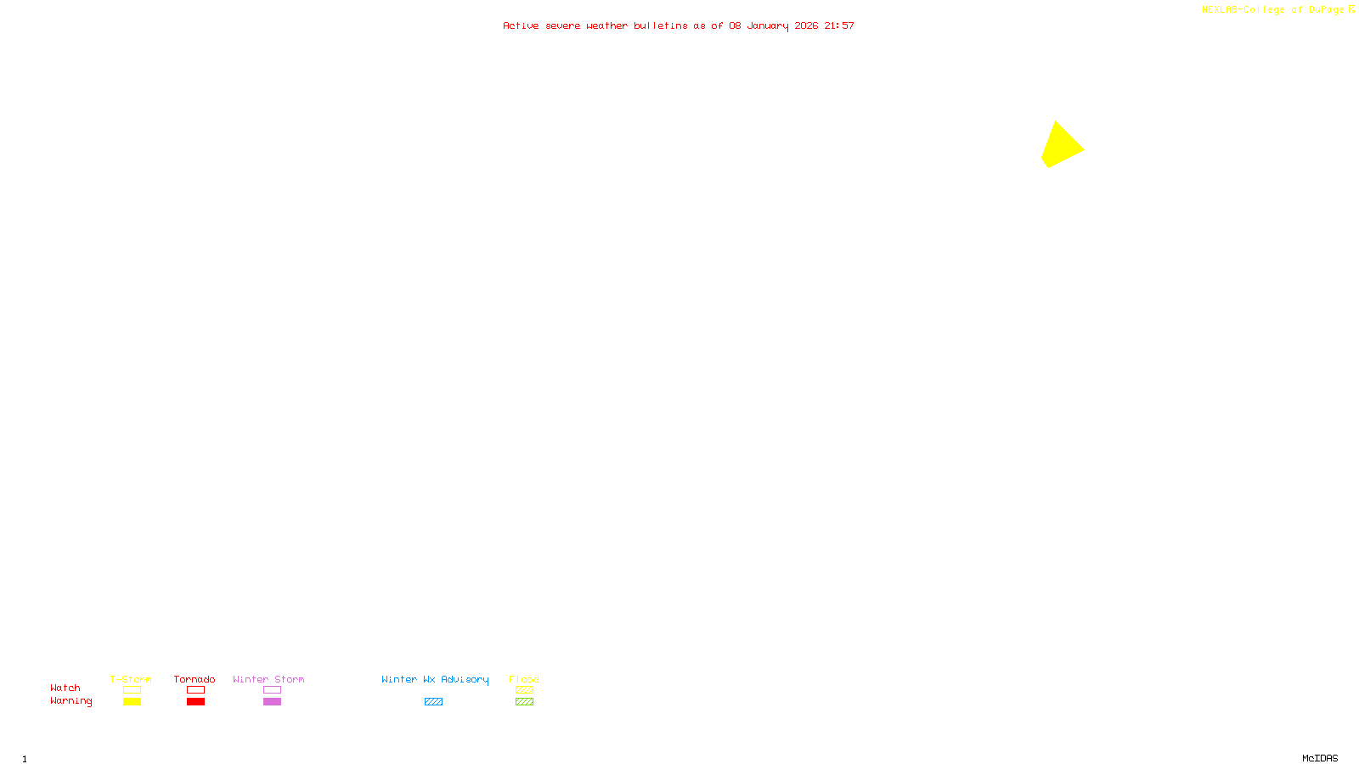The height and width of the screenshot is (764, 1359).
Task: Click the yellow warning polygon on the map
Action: click(1061, 146)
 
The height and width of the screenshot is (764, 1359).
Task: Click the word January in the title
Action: click(767, 25)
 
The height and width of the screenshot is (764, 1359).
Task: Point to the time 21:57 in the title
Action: click(838, 25)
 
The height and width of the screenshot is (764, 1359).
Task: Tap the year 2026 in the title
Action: click(806, 25)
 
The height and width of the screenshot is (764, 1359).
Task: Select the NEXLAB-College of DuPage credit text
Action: click(1272, 10)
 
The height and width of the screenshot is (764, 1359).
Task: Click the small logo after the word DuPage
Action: click(1351, 9)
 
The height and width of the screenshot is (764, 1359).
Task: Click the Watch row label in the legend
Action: click(65, 688)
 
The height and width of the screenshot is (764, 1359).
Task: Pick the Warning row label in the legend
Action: click(70, 701)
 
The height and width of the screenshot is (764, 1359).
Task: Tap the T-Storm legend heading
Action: click(131, 679)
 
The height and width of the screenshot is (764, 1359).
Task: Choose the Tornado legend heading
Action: click(195, 679)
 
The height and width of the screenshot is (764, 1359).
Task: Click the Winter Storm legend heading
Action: click(268, 679)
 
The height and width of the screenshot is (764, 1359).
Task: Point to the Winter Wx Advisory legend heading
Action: click(435, 679)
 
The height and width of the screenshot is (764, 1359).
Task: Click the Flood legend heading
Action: click(524, 679)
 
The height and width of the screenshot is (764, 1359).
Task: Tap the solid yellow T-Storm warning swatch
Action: click(132, 702)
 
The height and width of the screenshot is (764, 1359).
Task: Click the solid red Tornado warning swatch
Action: click(195, 702)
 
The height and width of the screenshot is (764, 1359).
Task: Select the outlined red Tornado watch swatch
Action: click(195, 690)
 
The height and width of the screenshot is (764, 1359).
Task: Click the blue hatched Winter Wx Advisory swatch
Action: click(433, 702)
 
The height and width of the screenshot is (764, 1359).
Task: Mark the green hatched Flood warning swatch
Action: click(524, 702)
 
